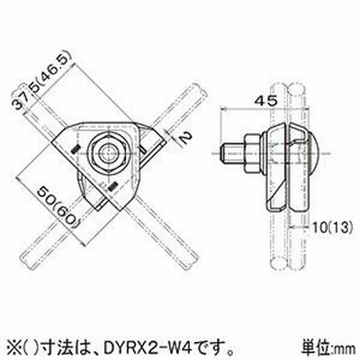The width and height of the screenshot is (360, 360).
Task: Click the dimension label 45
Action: click(265, 102)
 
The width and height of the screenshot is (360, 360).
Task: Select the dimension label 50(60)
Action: click(57, 207)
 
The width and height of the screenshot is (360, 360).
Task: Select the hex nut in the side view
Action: click(251, 153)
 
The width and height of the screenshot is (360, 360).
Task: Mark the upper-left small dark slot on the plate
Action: click(76, 149)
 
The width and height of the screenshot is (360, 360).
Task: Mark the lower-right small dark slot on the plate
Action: click(112, 187)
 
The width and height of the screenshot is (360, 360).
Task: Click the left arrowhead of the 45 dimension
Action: click(223, 110)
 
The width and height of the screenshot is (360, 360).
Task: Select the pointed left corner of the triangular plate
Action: click(52, 142)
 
